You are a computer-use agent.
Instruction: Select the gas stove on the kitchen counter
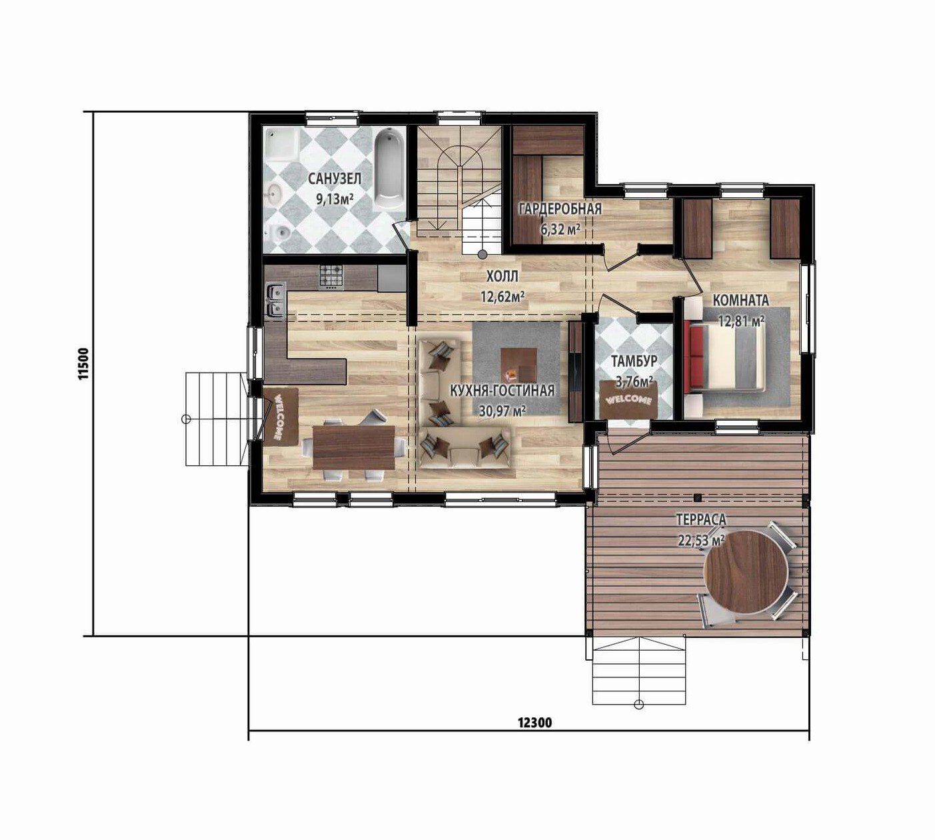coord(331,276)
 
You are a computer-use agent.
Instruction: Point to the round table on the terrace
coord(745,572)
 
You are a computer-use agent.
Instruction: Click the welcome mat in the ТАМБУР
coord(628,399)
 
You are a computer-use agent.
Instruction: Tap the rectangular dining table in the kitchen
coord(353,447)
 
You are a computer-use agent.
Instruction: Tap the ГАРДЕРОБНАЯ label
coord(560,209)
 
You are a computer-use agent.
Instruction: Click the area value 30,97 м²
coord(502,411)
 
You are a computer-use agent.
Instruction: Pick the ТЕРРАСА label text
coord(701,519)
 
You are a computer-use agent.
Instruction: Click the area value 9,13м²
coord(335,199)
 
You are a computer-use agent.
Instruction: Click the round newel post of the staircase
coord(482,253)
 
